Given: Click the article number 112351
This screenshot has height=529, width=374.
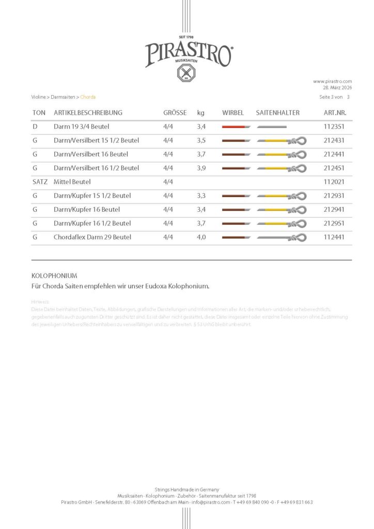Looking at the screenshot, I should point(334,127).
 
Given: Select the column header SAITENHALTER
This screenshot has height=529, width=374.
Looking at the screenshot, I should point(277,113).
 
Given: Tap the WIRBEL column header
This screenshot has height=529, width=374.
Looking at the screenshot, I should point(233,113).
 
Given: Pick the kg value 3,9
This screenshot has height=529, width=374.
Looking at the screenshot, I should point(202,168).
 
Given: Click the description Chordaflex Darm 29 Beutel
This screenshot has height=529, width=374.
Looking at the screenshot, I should point(92,237).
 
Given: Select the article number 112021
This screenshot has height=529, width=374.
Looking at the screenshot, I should point(334,182).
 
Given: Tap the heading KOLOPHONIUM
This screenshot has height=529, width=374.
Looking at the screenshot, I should point(54,276).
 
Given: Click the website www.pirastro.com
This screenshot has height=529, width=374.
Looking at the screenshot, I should point(332,81).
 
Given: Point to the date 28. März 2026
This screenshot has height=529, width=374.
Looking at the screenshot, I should point(337,87).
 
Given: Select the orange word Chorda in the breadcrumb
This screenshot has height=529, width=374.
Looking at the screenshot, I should point(88,97).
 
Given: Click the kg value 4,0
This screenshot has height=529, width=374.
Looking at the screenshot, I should point(202,237).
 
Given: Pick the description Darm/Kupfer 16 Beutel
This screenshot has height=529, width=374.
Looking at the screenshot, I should point(87,209).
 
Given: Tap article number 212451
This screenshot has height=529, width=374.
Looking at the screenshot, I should point(334,168).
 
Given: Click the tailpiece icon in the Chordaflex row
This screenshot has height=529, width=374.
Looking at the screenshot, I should point(282,237).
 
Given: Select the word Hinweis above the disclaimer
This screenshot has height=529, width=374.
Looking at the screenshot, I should point(40,301).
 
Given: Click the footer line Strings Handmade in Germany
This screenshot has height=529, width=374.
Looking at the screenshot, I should point(187,489).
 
